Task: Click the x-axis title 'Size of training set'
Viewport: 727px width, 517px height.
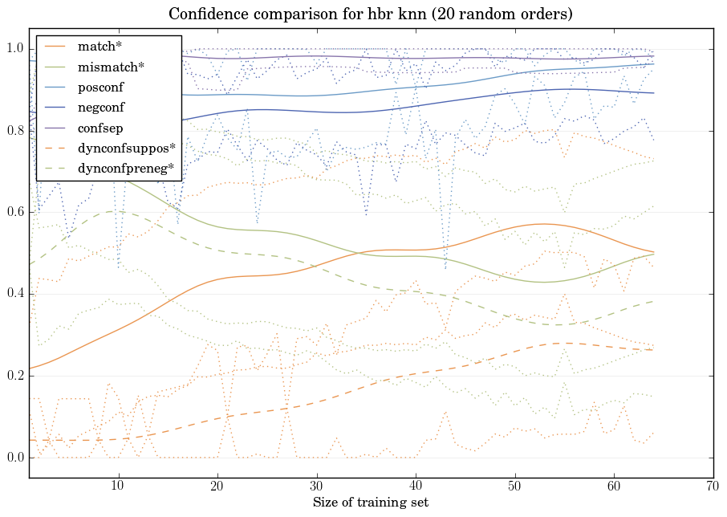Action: point(370,503)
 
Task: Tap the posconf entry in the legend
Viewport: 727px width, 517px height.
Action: point(100,87)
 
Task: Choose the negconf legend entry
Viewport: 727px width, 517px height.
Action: point(100,107)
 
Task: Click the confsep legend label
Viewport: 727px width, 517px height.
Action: point(100,127)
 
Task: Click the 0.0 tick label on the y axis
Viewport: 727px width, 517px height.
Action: point(14,458)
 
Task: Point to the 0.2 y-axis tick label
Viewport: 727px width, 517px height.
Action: point(14,376)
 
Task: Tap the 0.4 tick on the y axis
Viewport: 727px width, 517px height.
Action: point(14,294)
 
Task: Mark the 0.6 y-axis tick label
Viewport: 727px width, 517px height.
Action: point(14,213)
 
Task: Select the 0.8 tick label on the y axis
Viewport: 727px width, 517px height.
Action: point(14,131)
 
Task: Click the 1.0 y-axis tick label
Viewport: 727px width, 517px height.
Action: point(14,49)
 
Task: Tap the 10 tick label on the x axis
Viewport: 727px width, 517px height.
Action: point(119,486)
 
